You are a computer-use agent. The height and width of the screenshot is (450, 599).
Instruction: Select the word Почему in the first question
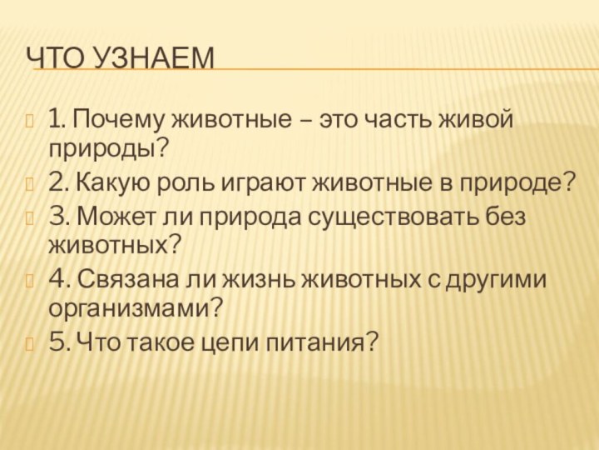pyautogui.click(x=119, y=120)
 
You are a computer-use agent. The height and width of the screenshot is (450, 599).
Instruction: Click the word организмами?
pyautogui.click(x=136, y=307)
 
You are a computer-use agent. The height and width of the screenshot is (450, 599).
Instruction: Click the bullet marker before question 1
pyautogui.click(x=32, y=122)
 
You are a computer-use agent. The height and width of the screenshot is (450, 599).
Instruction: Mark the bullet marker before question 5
pyautogui.click(x=32, y=342)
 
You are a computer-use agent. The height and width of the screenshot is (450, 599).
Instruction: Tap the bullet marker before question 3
pyautogui.click(x=32, y=218)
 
